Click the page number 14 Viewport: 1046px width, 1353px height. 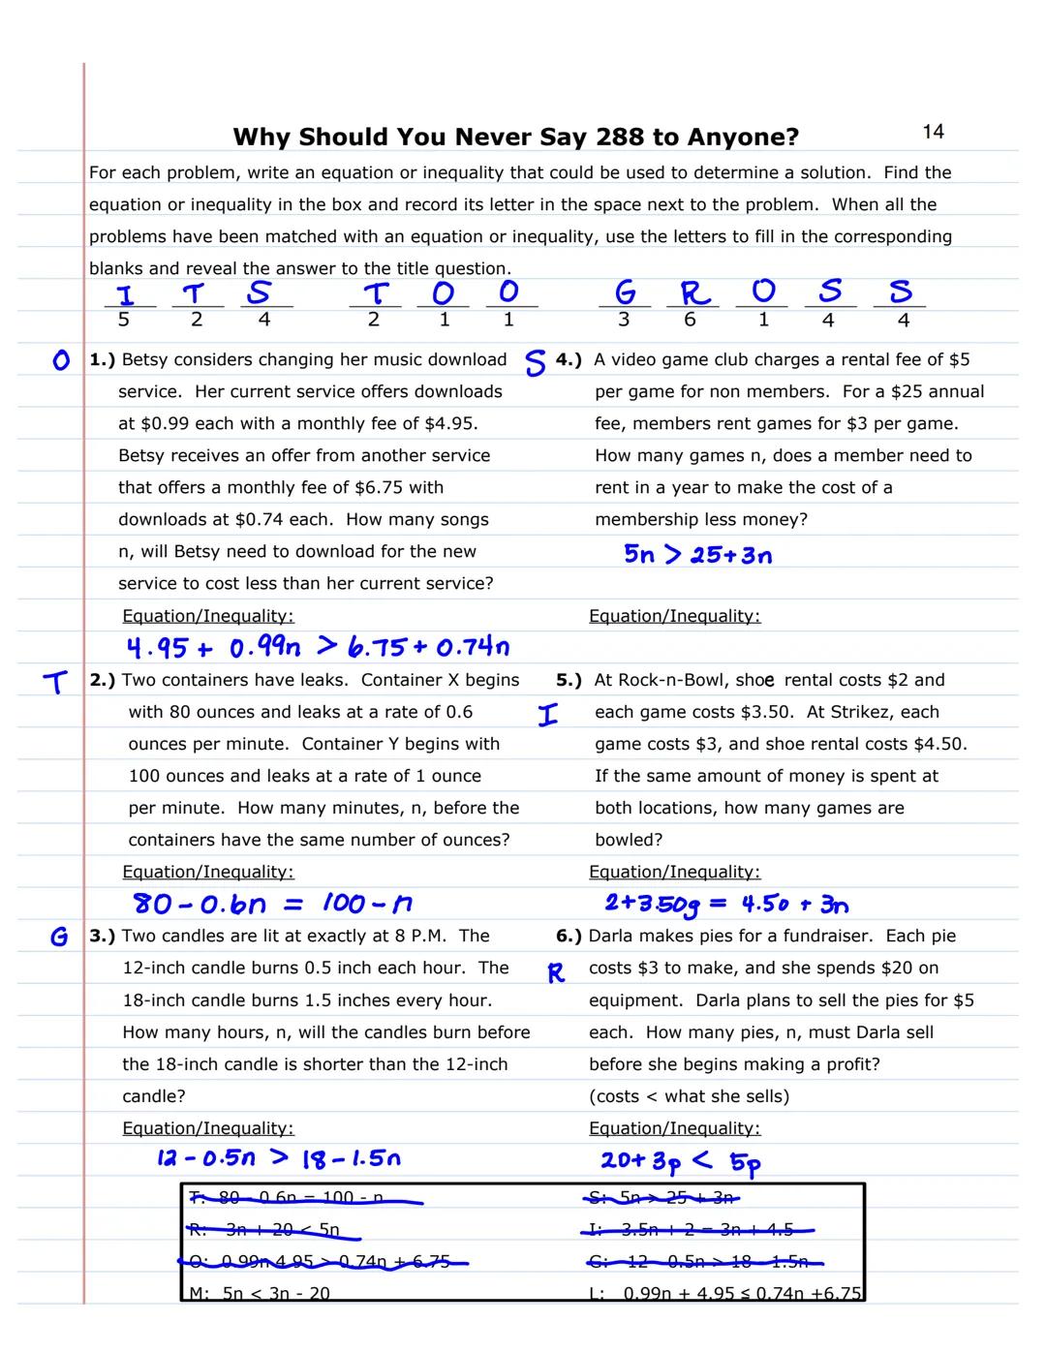tap(933, 132)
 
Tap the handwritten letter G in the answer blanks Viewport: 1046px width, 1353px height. tap(626, 292)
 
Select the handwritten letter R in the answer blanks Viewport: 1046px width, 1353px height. tap(694, 292)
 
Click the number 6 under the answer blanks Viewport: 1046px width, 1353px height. tap(690, 320)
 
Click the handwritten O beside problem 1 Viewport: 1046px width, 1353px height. tap(61, 360)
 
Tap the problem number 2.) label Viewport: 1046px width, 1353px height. tap(103, 680)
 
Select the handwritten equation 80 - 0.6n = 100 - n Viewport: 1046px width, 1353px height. tap(272, 904)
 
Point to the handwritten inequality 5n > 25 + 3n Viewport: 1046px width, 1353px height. tap(697, 555)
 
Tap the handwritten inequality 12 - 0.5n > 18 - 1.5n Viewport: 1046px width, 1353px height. tap(278, 1157)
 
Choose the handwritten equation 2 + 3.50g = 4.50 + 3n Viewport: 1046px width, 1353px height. tap(726, 904)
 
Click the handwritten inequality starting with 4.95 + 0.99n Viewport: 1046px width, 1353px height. tap(318, 646)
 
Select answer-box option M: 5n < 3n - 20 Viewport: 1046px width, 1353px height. tap(261, 1292)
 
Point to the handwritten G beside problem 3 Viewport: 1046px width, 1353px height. tap(59, 937)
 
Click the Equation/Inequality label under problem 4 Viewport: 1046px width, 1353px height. tap(674, 616)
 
